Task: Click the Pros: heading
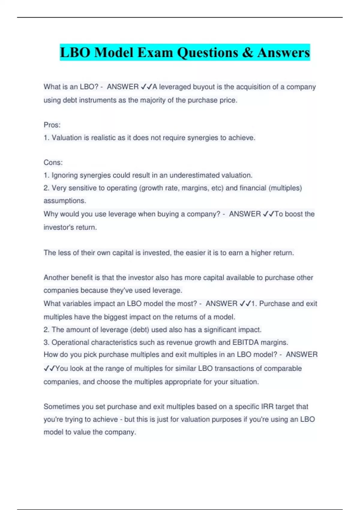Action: point(52,125)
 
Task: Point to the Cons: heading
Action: point(53,162)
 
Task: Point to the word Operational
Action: point(70,342)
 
